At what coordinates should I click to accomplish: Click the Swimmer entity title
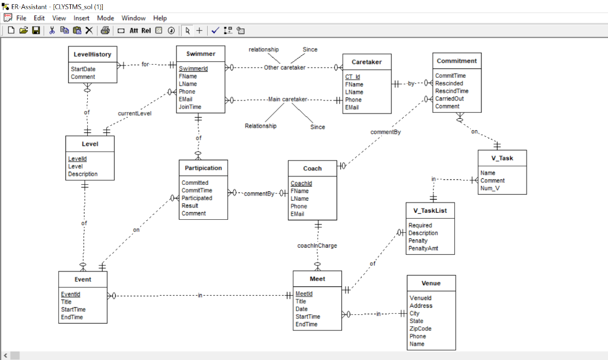[201, 54]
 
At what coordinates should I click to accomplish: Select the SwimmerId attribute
[193, 69]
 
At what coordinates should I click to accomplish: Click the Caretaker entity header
[366, 62]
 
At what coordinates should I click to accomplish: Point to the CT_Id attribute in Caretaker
[353, 77]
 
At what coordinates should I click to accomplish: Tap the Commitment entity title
[457, 61]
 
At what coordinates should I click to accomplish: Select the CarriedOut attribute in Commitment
[449, 99]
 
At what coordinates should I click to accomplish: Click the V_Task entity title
[502, 158]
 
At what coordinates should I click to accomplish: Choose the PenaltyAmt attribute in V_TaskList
[423, 248]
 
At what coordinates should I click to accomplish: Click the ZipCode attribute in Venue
[420, 329]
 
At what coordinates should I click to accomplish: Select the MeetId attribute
[304, 294]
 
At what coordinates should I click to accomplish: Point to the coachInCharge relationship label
[317, 245]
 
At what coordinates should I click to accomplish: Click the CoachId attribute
[301, 184]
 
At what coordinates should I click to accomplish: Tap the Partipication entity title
[203, 168]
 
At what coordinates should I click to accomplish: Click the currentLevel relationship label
[134, 113]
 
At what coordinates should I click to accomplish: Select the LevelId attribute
[77, 159]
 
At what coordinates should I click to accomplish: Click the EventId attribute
[70, 294]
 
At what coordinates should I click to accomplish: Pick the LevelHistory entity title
[92, 54]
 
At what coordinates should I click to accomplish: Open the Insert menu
[81, 18]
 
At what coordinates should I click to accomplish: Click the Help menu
[160, 18]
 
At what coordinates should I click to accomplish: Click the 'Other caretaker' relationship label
[284, 68]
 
